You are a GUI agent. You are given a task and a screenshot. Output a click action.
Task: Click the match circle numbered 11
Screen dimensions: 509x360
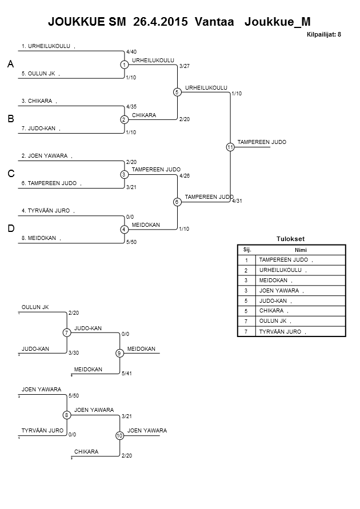(x=230, y=147)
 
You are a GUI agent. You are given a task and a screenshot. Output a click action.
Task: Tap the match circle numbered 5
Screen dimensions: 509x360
(x=177, y=92)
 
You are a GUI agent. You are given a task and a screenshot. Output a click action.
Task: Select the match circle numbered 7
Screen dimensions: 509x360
(x=66, y=332)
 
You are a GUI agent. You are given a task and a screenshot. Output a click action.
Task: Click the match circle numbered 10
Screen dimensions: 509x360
(x=119, y=436)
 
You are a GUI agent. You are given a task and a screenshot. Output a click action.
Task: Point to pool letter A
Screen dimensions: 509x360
(x=10, y=66)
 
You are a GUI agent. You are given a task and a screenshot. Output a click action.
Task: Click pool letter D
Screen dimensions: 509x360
(x=10, y=229)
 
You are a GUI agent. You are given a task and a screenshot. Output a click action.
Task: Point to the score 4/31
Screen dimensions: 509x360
(x=238, y=201)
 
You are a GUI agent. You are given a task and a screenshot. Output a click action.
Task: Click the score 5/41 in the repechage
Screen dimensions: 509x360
(x=127, y=373)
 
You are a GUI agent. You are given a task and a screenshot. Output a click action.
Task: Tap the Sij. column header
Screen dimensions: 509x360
(x=247, y=250)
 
